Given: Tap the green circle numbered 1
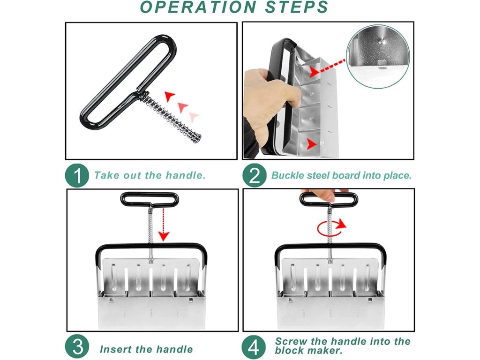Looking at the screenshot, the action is (77, 175).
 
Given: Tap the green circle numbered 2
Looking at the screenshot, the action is (254, 175).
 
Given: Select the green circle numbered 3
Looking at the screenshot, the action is (77, 347).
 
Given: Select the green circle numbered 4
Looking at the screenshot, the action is (254, 347).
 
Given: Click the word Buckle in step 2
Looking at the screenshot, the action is (287, 175).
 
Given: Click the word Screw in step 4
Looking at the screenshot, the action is (291, 341).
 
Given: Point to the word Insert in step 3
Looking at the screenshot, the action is (116, 349).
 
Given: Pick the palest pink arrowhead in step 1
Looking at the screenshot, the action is (194, 117).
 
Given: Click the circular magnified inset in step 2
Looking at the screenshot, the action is (378, 57).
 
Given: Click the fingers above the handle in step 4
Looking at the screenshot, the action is (324, 194).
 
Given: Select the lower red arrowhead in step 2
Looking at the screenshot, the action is (312, 144).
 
